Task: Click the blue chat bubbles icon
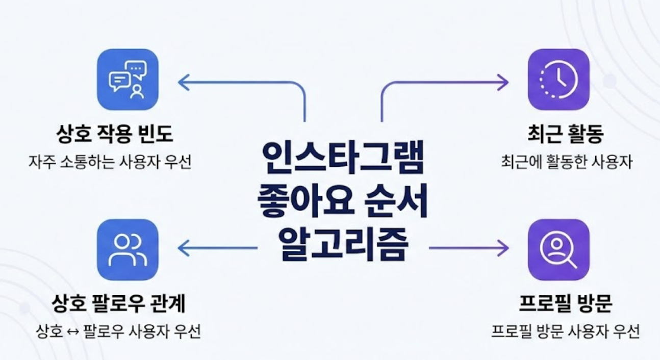pos(128,80)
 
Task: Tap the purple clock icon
pos(559,80)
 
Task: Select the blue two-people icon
pos(128,249)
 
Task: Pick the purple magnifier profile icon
pos(559,249)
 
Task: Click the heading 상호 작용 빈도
pos(114,135)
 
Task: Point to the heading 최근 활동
pos(566,135)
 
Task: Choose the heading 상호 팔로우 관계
pos(118,304)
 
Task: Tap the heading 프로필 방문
pos(565,304)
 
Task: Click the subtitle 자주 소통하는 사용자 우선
pos(110,163)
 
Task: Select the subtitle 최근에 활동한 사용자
pos(566,163)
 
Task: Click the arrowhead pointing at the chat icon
pos(183,82)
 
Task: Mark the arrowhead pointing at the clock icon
pos(503,82)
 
